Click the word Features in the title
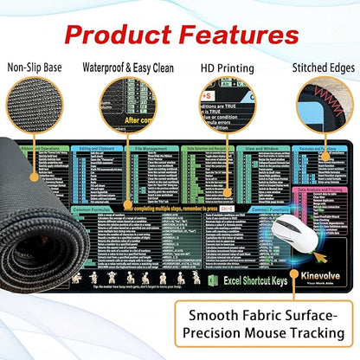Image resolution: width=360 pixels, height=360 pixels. click(243, 35)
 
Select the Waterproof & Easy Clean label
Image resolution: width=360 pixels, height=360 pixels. click(129, 67)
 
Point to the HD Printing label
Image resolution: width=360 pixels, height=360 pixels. click(223, 67)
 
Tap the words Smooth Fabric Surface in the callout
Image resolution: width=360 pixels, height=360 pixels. click(276, 313)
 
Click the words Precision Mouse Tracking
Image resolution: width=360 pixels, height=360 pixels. click(276, 333)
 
